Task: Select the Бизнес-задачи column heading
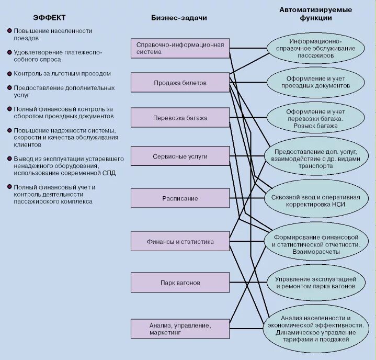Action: [179, 18]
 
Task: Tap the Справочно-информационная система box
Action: [179, 48]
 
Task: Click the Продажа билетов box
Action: [179, 83]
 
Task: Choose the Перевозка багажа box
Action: [179, 118]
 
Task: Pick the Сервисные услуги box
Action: [179, 156]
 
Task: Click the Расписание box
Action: [179, 198]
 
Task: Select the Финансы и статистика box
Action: [179, 242]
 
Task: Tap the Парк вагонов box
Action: [179, 283]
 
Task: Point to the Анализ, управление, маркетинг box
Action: [179, 329]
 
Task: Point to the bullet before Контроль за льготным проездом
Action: [9, 74]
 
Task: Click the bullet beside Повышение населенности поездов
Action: [9, 31]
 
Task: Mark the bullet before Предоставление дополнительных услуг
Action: [9, 88]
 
